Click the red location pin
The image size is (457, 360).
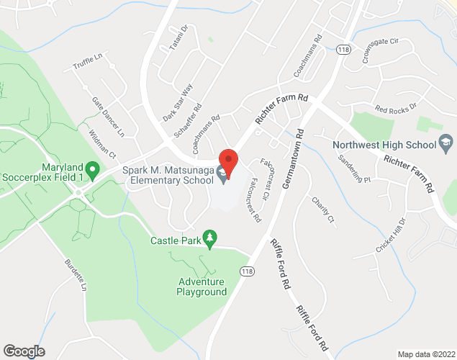coord(228,163)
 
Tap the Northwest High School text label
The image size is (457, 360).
coord(384,144)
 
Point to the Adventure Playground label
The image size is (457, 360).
coord(202,287)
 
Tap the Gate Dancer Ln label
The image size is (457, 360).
coord(108,117)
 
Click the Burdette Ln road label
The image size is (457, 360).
coord(75,276)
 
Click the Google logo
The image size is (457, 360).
coord(23,351)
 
